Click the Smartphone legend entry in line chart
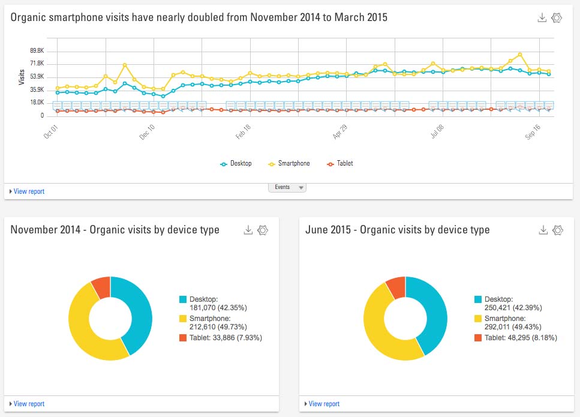click(290, 163)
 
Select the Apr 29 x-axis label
click(340, 131)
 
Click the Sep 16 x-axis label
click(533, 131)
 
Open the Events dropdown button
click(287, 187)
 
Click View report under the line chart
click(27, 191)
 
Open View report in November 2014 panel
click(27, 404)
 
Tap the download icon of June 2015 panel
click(543, 230)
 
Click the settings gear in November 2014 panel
click(262, 230)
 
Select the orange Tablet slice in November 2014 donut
click(101, 287)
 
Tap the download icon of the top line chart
click(542, 18)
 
